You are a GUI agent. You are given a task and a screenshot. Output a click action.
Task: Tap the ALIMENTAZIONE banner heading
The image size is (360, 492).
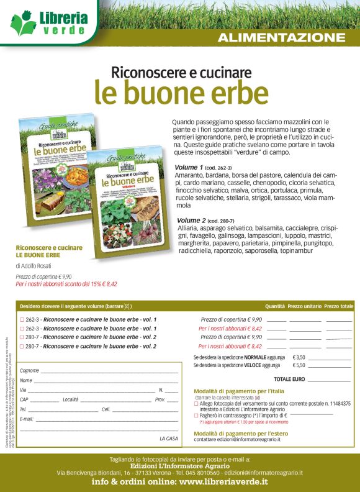point(281,37)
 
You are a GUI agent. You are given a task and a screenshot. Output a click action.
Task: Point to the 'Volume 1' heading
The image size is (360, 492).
point(189,168)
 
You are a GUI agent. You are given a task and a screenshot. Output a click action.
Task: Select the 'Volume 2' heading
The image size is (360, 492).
point(191,221)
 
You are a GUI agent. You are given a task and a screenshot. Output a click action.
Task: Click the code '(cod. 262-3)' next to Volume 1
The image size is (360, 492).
point(218,168)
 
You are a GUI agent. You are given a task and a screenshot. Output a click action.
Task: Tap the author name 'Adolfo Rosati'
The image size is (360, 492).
point(39,265)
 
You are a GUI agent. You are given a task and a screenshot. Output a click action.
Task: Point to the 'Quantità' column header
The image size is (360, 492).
point(275,306)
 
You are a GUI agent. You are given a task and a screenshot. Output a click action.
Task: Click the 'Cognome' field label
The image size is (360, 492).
point(29,370)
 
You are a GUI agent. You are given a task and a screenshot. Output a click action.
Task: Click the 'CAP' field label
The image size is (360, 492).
point(24,399)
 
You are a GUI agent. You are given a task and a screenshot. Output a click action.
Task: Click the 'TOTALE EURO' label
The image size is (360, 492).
point(289,378)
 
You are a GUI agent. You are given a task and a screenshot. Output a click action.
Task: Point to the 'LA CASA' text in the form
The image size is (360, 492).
point(168,439)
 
